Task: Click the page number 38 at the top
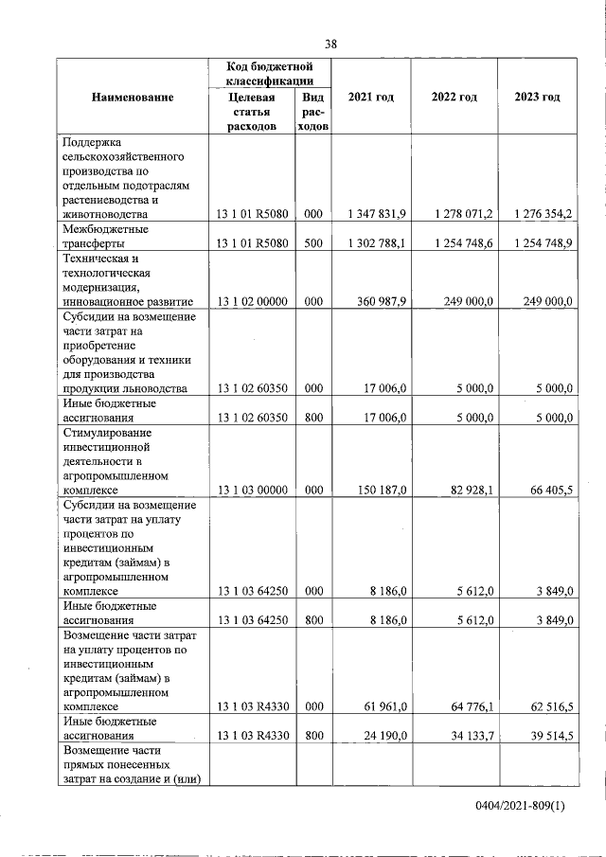330,44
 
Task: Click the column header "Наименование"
133,97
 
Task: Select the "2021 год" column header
371,97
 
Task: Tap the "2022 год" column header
454,97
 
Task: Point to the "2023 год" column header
537,97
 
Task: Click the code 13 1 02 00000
252,301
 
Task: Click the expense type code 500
313,243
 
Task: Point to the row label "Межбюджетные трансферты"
100,237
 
